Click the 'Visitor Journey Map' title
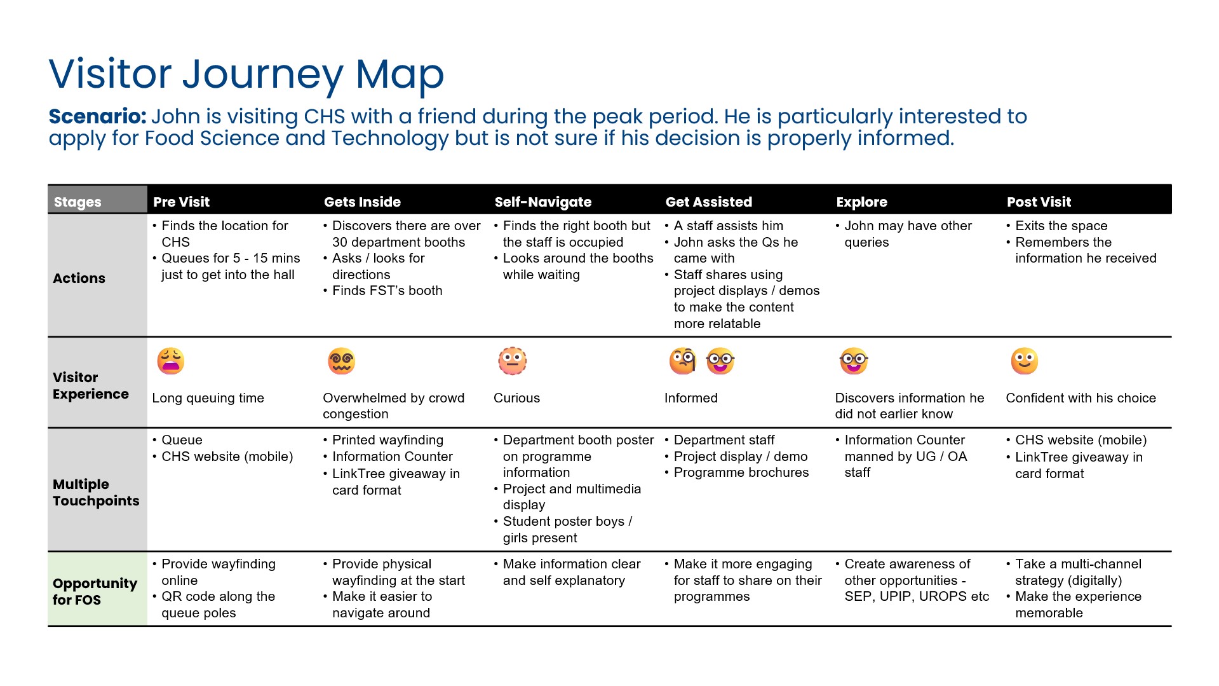click(x=246, y=74)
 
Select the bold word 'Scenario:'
click(x=97, y=117)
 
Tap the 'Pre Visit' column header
click(x=181, y=202)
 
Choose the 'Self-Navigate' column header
click(x=542, y=202)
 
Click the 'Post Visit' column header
click(x=1039, y=202)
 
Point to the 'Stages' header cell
click(x=77, y=202)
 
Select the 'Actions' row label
click(x=79, y=278)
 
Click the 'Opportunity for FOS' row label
click(x=95, y=591)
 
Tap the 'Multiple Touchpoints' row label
click(x=95, y=492)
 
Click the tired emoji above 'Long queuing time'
click(x=170, y=361)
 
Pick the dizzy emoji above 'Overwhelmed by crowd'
click(x=341, y=361)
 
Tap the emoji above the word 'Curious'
click(x=512, y=361)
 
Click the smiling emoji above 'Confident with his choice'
click(x=1024, y=361)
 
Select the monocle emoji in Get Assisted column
click(x=683, y=361)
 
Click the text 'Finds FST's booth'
click(x=387, y=291)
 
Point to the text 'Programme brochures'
click(x=741, y=472)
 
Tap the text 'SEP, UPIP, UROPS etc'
click(x=916, y=596)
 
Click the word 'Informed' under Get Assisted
click(x=690, y=398)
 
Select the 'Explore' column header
click(x=861, y=202)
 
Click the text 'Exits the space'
click(x=1061, y=226)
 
